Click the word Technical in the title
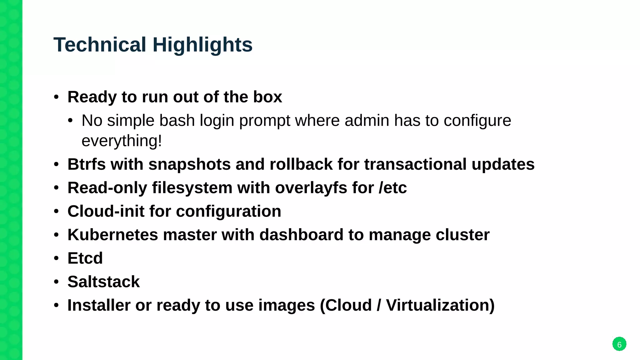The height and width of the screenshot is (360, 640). coord(100,45)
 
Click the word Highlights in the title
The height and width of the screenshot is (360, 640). coord(202,45)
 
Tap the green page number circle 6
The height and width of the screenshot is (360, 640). coord(619,344)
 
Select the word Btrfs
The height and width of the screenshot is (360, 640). coord(87,164)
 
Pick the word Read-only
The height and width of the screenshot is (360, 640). coord(107,188)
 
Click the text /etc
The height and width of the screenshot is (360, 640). coord(392,188)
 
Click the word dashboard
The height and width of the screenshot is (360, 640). coord(301,235)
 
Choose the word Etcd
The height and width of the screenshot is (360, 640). coord(85,258)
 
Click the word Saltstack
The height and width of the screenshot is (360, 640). coord(103,282)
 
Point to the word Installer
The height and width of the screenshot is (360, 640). coord(99,305)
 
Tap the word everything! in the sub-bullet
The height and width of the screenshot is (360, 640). coord(122,141)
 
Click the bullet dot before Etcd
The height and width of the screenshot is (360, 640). coord(56,258)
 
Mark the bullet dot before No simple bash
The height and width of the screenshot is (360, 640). coord(70,121)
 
